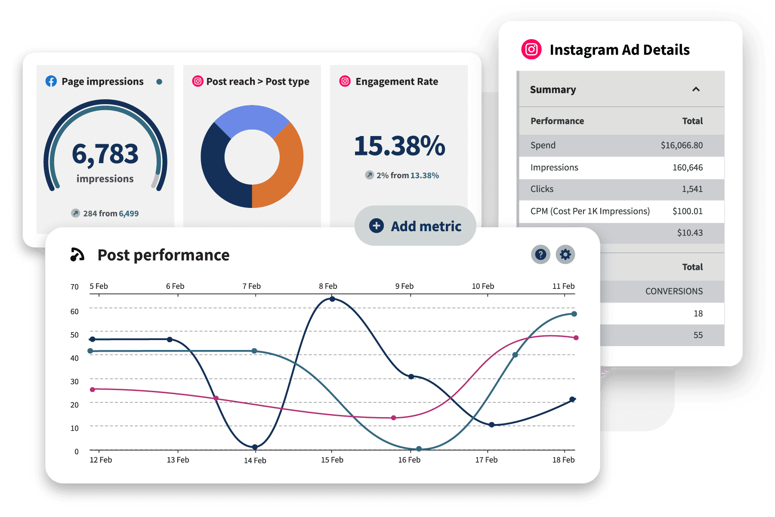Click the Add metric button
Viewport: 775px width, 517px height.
[415, 226]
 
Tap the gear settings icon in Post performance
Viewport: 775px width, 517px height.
[565, 254]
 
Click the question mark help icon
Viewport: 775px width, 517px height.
[540, 254]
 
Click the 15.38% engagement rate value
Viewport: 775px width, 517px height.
[399, 146]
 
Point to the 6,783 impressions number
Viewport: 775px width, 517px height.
[105, 154]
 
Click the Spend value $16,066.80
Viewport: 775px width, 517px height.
[682, 146]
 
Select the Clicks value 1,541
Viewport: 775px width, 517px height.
[692, 189]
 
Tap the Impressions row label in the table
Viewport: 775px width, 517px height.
[554, 167]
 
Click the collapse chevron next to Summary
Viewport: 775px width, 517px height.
[696, 89]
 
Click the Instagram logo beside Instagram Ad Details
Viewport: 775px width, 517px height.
[531, 50]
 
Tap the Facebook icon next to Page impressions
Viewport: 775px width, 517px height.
[51, 81]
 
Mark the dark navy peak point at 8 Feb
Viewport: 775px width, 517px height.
[332, 299]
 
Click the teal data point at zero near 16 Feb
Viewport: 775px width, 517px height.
[419, 449]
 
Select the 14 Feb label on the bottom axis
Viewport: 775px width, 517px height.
[255, 461]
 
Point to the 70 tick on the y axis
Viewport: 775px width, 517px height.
[74, 287]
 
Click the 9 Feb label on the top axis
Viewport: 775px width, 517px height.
[404, 286]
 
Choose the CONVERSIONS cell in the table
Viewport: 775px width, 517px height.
[674, 291]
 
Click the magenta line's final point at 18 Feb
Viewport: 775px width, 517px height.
[576, 337]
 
